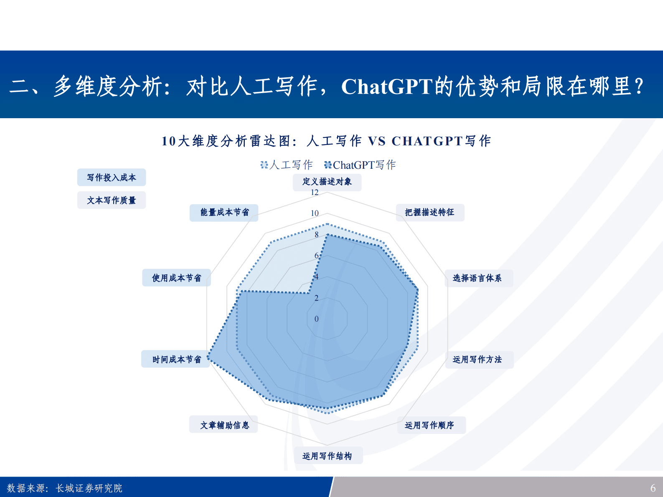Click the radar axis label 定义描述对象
click(x=327, y=182)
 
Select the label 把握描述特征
click(x=429, y=213)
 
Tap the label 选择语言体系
click(x=477, y=278)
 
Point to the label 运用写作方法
click(x=477, y=360)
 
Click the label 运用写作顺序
click(x=429, y=425)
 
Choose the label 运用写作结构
click(x=327, y=456)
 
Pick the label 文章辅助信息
click(x=224, y=425)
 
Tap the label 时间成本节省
click(x=176, y=360)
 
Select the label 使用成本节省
click(x=176, y=278)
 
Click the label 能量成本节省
click(x=224, y=213)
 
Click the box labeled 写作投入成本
click(x=112, y=177)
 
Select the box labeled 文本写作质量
click(x=112, y=200)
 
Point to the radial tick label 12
click(x=315, y=193)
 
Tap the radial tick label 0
click(x=316, y=319)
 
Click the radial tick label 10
click(x=315, y=213)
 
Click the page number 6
click(x=653, y=488)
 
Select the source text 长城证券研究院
click(x=89, y=488)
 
